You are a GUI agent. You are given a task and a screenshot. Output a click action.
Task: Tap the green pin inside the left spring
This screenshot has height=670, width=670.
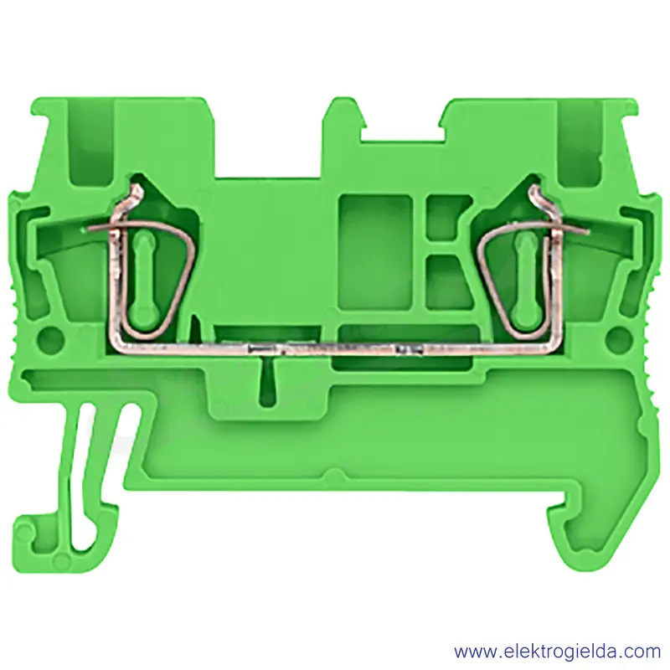(x=142, y=278)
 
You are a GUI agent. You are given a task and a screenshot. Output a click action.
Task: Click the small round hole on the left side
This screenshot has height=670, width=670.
(x=51, y=338)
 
